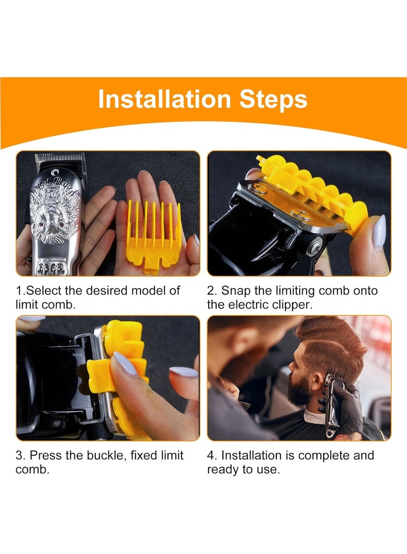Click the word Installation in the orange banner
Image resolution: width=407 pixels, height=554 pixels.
(164, 99)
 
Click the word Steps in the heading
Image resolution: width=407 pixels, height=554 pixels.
(273, 100)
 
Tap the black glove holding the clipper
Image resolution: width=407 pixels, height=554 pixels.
(347, 406)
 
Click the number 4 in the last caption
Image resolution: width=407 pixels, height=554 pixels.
(211, 455)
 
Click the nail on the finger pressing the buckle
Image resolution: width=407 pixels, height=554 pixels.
(125, 363)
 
